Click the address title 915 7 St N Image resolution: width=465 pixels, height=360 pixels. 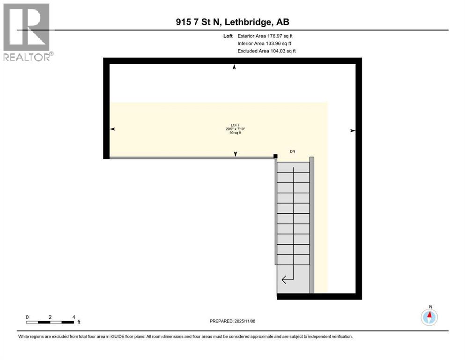(233, 22)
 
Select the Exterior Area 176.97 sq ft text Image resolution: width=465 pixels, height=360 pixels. (266, 36)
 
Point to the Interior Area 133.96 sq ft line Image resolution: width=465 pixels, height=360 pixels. (265, 43)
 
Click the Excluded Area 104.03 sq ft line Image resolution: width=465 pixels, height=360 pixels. (266, 51)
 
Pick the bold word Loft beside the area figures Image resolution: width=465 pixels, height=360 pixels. (229, 36)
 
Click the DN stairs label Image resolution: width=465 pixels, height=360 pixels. (293, 151)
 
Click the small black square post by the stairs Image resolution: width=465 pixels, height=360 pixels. (276, 157)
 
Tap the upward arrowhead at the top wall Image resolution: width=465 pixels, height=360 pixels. (235, 67)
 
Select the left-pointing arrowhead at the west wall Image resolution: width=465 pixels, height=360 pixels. (112, 129)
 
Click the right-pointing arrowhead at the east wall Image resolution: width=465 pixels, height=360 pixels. (353, 131)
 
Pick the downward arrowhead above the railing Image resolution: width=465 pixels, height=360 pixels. (236, 154)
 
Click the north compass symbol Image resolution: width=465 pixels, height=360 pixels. (429, 317)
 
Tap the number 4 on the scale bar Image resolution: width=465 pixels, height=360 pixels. (74, 317)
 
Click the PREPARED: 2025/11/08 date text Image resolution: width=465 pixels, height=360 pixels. (233, 321)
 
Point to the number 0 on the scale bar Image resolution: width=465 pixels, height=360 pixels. (27, 317)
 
